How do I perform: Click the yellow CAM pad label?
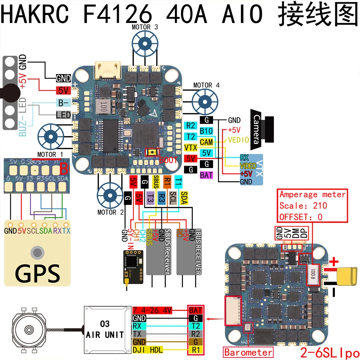(x=206, y=142)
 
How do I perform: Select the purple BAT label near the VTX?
(x=206, y=175)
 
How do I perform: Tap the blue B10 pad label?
(x=206, y=131)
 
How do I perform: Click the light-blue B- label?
(x=63, y=103)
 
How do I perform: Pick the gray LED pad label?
(x=63, y=115)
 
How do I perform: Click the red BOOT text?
(x=168, y=160)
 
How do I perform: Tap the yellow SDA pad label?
(x=184, y=198)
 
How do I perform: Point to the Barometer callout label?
(x=248, y=352)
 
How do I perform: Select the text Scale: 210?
(x=303, y=206)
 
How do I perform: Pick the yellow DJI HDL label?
(x=148, y=349)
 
